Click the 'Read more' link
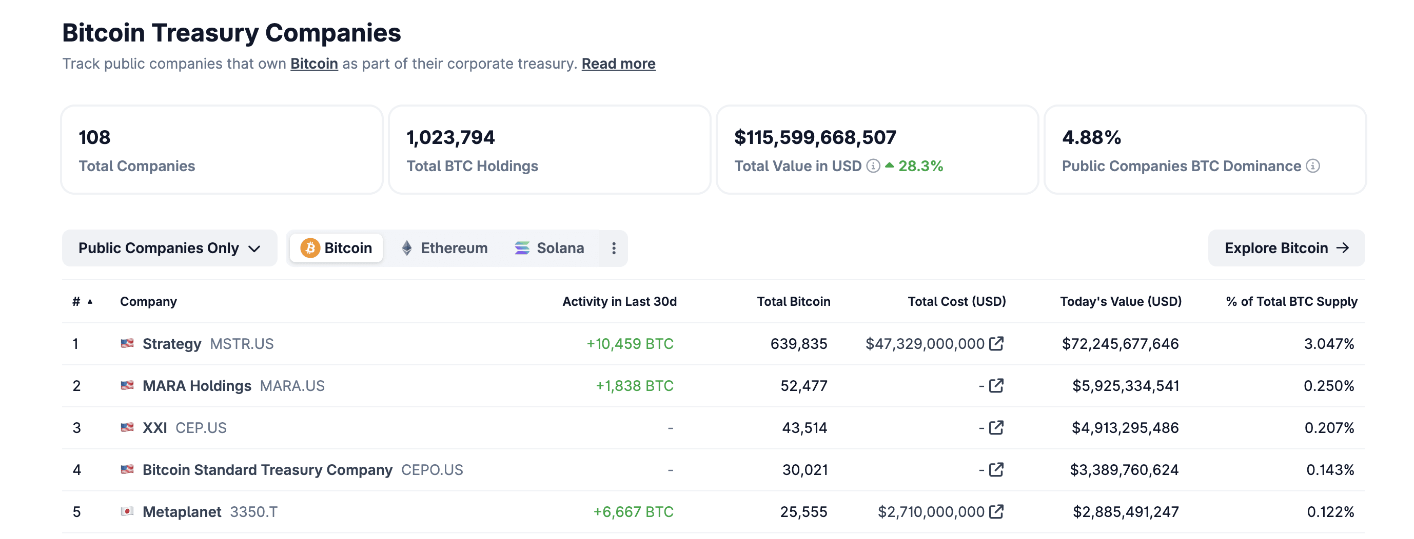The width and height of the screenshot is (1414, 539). (x=618, y=64)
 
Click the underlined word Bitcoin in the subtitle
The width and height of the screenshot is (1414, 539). (x=314, y=64)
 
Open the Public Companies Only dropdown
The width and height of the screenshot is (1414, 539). (x=169, y=248)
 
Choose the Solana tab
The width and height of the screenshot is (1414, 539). (x=549, y=248)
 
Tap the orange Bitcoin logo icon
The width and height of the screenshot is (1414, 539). (x=310, y=248)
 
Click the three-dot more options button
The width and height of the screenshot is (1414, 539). (x=614, y=248)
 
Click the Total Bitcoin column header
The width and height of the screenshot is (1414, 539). (x=793, y=301)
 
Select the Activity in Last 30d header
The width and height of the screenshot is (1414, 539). (x=619, y=301)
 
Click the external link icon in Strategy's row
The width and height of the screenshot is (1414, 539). (x=996, y=343)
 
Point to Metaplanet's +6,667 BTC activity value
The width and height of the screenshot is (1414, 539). (x=633, y=511)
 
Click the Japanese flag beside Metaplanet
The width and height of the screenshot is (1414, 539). (x=127, y=511)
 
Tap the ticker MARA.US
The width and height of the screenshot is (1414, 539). (x=292, y=385)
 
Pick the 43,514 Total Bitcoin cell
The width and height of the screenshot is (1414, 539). (x=804, y=428)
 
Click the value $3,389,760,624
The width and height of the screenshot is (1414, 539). (x=1124, y=469)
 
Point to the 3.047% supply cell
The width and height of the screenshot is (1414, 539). (x=1329, y=343)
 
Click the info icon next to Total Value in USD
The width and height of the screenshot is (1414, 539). (x=873, y=165)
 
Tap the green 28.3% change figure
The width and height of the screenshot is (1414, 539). (x=920, y=165)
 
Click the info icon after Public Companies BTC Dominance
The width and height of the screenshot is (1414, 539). (x=1312, y=165)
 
